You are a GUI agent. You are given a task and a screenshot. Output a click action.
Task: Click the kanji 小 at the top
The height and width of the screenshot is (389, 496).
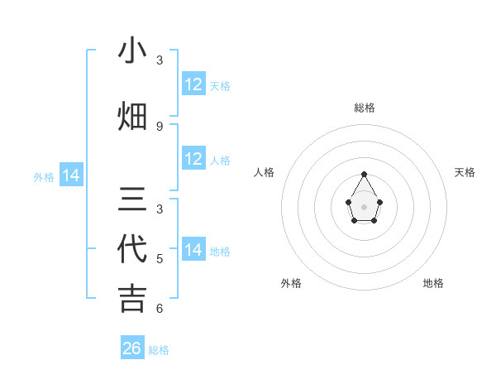pyautogui.click(x=132, y=50)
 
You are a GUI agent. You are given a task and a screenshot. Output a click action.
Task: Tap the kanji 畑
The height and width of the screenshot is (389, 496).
pyautogui.click(x=132, y=117)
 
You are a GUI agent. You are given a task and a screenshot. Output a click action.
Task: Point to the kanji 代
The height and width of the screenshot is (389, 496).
pyautogui.click(x=132, y=249)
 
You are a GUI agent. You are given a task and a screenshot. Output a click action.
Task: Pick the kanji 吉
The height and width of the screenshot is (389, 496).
pyautogui.click(x=132, y=298)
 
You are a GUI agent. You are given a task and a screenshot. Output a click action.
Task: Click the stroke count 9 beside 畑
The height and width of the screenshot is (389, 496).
pyautogui.click(x=160, y=126)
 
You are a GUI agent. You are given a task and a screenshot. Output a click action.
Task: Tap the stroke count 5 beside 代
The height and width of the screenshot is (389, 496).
pyautogui.click(x=160, y=259)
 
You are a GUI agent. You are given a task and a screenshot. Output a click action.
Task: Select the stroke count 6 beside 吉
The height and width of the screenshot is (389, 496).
pyautogui.click(x=160, y=309)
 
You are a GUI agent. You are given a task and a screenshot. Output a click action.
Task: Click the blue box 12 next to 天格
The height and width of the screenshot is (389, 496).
pyautogui.click(x=193, y=84)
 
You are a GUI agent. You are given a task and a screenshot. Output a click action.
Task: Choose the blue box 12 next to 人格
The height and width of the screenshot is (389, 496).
pyautogui.click(x=193, y=159)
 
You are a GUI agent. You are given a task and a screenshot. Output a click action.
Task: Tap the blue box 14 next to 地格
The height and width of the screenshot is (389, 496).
pyautogui.click(x=193, y=250)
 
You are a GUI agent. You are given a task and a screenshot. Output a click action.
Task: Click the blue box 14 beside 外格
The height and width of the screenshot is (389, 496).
pyautogui.click(x=71, y=175)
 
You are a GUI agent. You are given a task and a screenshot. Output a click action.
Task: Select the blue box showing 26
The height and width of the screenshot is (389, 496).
pyautogui.click(x=132, y=348)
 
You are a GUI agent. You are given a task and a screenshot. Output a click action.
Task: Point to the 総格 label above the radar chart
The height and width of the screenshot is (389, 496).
pyautogui.click(x=365, y=108)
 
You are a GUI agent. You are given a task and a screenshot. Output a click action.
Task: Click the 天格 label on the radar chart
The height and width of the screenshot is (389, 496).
pyautogui.click(x=465, y=172)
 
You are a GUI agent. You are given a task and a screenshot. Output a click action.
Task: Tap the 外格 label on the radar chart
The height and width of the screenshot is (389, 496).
pyautogui.click(x=291, y=283)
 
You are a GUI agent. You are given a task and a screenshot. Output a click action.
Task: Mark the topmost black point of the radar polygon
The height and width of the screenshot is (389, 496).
pyautogui.click(x=365, y=174)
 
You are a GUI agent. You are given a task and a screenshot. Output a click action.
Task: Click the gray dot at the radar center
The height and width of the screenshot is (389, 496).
pyautogui.click(x=365, y=206)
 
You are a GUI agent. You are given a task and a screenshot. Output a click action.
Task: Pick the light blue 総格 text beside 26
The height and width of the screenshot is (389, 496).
pyautogui.click(x=159, y=350)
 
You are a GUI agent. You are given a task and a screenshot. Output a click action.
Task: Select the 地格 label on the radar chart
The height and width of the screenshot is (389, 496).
pyautogui.click(x=433, y=283)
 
